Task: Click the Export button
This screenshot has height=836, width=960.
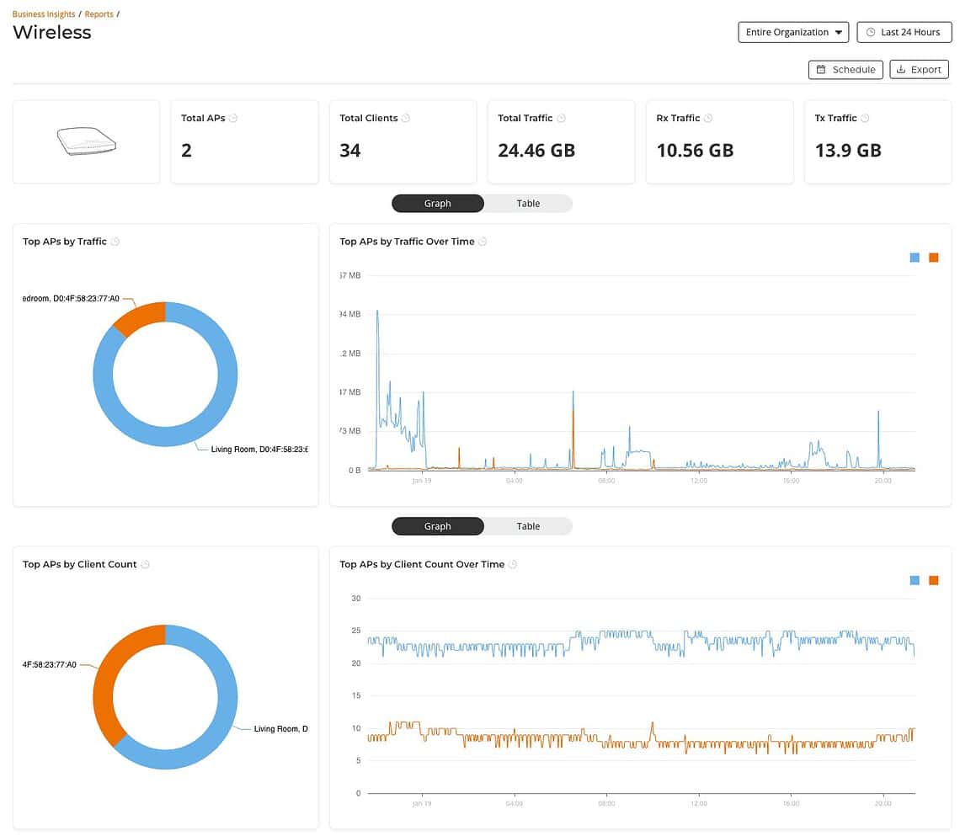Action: pyautogui.click(x=919, y=70)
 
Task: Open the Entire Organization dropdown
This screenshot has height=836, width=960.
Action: pyautogui.click(x=793, y=32)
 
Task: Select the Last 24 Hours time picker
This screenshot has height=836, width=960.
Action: pyautogui.click(x=904, y=32)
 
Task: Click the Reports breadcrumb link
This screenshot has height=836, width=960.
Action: pyautogui.click(x=99, y=14)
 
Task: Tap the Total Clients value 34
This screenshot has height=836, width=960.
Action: pyautogui.click(x=350, y=151)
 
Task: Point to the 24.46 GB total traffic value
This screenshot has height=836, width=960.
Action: pyautogui.click(x=536, y=151)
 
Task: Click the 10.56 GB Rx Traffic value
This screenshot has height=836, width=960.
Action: pyautogui.click(x=695, y=151)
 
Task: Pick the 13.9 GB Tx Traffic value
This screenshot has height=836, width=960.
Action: pyautogui.click(x=848, y=151)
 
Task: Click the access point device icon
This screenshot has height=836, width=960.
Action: pyautogui.click(x=85, y=141)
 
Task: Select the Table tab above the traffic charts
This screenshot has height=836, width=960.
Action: pyautogui.click(x=528, y=204)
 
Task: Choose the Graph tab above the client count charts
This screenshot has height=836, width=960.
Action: pyautogui.click(x=438, y=526)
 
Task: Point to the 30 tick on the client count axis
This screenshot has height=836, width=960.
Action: pyautogui.click(x=355, y=599)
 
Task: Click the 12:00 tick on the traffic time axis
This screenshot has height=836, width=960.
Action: pyautogui.click(x=698, y=482)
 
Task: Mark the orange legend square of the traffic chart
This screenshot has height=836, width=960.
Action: pyautogui.click(x=933, y=258)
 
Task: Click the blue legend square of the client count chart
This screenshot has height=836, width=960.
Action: pyautogui.click(x=915, y=580)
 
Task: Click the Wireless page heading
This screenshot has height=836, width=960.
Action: pyautogui.click(x=52, y=33)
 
